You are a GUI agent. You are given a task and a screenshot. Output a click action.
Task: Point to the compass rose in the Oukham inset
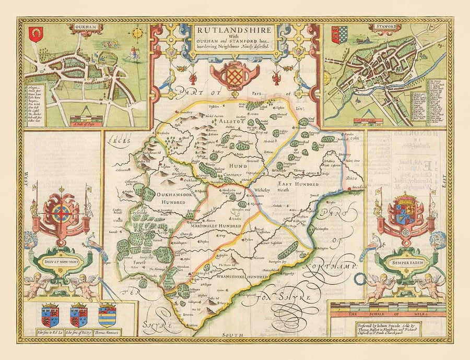[138, 34]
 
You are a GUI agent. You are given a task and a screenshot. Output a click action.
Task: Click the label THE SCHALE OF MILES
[387, 314]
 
